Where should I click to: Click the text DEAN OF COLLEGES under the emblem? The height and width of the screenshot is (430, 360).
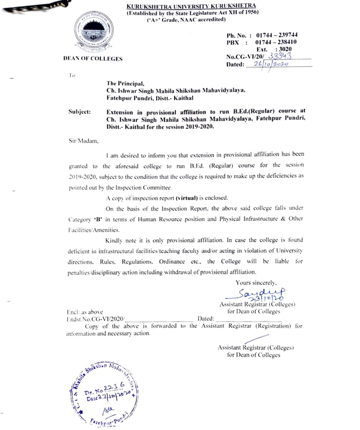[x=92, y=60]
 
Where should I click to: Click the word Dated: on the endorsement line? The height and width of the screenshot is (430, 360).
[x=205, y=319]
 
